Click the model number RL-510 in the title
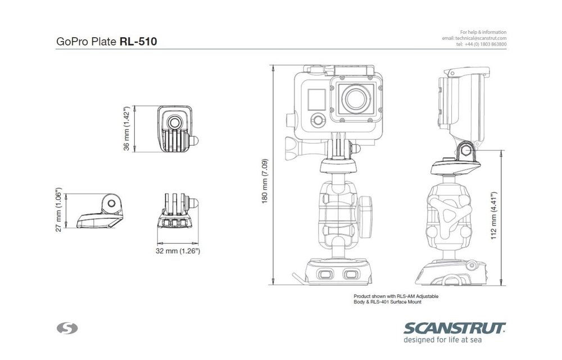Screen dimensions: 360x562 (x=138, y=42)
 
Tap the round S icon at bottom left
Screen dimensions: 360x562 (x=68, y=328)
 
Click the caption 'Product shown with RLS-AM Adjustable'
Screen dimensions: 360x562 (x=395, y=296)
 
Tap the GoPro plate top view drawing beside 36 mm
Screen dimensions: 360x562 (x=176, y=128)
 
